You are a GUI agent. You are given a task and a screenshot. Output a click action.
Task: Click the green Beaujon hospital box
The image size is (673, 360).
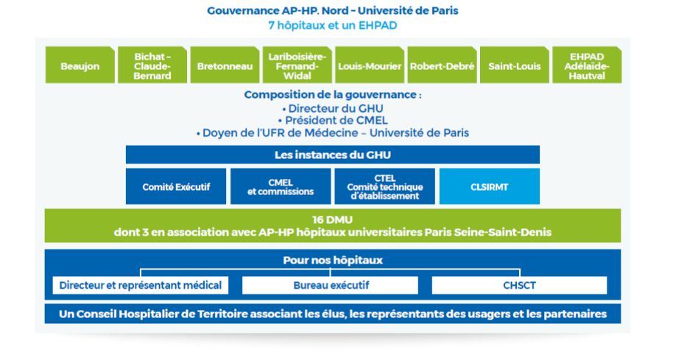click(81, 66)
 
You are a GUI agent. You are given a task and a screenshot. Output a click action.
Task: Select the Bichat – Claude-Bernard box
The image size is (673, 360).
click(153, 66)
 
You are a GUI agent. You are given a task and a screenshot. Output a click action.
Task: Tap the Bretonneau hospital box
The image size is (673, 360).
click(225, 66)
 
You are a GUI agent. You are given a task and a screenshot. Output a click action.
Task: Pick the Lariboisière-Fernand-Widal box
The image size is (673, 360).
click(297, 66)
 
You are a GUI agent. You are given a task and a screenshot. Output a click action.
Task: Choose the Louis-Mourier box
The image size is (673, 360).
click(370, 66)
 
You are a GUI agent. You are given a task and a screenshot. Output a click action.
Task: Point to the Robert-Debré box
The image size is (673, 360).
click(442, 66)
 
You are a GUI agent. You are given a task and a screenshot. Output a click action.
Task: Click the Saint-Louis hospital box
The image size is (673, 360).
click(514, 66)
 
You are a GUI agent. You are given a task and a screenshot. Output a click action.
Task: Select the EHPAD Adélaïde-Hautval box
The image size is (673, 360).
click(586, 66)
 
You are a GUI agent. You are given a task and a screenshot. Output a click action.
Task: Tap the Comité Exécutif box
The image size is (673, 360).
click(176, 187)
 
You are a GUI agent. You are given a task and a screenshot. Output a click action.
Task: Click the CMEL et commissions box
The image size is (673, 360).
click(281, 187)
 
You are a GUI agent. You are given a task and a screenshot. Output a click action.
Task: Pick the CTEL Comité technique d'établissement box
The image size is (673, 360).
click(384, 187)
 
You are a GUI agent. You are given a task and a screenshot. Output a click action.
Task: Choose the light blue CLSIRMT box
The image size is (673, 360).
click(490, 187)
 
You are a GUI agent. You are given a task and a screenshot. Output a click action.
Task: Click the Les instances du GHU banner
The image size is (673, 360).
click(333, 155)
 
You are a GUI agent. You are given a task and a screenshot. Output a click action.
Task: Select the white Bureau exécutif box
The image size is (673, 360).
click(330, 285)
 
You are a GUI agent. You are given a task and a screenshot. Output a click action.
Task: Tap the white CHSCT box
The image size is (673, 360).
click(519, 285)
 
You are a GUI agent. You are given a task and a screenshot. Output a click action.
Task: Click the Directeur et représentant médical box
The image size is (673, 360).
click(141, 285)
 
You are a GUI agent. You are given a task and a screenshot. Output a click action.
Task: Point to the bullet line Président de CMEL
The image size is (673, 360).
click(333, 121)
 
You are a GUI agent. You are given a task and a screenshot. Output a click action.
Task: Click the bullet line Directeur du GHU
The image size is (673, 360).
click(333, 108)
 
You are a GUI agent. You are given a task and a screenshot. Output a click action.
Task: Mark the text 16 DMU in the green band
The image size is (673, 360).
click(333, 219)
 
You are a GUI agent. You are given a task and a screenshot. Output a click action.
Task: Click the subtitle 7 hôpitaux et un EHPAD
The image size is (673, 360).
click(333, 25)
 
